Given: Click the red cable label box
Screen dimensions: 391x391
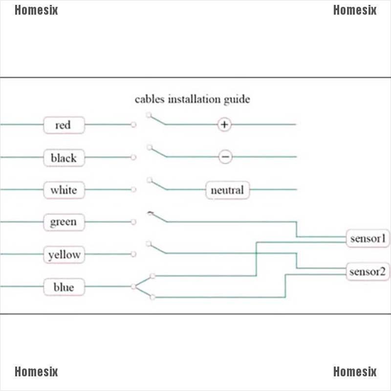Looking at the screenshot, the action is click(x=64, y=125).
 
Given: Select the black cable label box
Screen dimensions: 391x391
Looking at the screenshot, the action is click(x=64, y=158).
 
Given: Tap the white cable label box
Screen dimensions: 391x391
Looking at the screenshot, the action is click(x=64, y=190).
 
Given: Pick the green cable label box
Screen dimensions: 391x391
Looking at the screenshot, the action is click(x=64, y=222).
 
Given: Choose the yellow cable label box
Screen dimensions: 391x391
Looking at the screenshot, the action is click(x=64, y=255).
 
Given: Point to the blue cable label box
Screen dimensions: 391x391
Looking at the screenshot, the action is click(x=64, y=287).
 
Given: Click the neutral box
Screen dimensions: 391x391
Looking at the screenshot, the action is click(x=227, y=190).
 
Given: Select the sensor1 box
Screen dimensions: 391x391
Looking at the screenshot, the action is click(x=368, y=239).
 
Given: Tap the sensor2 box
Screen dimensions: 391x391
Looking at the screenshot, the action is click(x=368, y=272).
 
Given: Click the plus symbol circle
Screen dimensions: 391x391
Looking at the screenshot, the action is click(x=224, y=125).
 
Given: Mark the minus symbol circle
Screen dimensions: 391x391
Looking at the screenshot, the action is click(x=225, y=157).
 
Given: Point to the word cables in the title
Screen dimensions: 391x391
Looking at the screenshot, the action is click(x=150, y=99).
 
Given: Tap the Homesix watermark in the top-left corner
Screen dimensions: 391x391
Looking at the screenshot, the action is click(x=36, y=10).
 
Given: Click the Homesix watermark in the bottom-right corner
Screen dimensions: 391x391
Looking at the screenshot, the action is click(x=355, y=372).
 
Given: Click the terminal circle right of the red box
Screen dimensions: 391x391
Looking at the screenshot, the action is click(x=133, y=125).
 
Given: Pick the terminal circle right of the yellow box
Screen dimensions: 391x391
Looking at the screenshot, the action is click(x=133, y=254).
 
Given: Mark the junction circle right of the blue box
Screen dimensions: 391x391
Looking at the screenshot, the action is click(x=133, y=286).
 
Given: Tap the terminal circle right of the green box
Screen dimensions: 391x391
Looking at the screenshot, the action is click(x=133, y=222).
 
